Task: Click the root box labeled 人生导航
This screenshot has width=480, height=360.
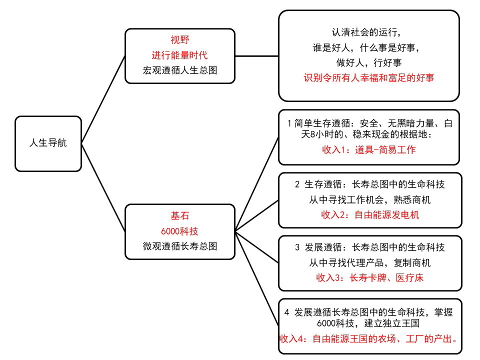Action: click(x=48, y=143)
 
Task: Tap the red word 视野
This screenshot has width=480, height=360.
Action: click(x=180, y=40)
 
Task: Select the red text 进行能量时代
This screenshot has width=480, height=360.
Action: click(x=179, y=55)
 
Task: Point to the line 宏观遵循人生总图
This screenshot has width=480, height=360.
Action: click(x=180, y=70)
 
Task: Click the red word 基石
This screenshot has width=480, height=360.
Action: click(x=180, y=216)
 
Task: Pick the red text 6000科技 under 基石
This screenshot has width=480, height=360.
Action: click(x=179, y=231)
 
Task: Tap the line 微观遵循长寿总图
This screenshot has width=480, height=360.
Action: click(x=180, y=246)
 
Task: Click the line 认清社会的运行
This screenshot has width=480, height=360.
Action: click(x=366, y=32)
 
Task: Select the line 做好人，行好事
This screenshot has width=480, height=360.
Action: click(x=369, y=62)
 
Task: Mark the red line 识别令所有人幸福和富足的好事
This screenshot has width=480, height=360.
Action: click(x=369, y=77)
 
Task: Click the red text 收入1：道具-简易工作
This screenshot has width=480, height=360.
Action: click(x=369, y=149)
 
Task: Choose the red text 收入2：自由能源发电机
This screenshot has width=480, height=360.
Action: click(x=370, y=214)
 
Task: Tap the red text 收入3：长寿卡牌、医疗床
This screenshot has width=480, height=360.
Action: click(x=370, y=277)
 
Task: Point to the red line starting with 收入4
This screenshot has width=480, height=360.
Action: click(x=369, y=338)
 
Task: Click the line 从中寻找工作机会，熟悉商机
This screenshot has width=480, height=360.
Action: click(x=370, y=199)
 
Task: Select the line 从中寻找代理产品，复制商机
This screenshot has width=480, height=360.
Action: click(x=370, y=262)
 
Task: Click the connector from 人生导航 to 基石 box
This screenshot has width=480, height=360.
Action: click(x=103, y=187)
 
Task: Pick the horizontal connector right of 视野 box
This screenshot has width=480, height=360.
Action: click(x=257, y=56)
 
